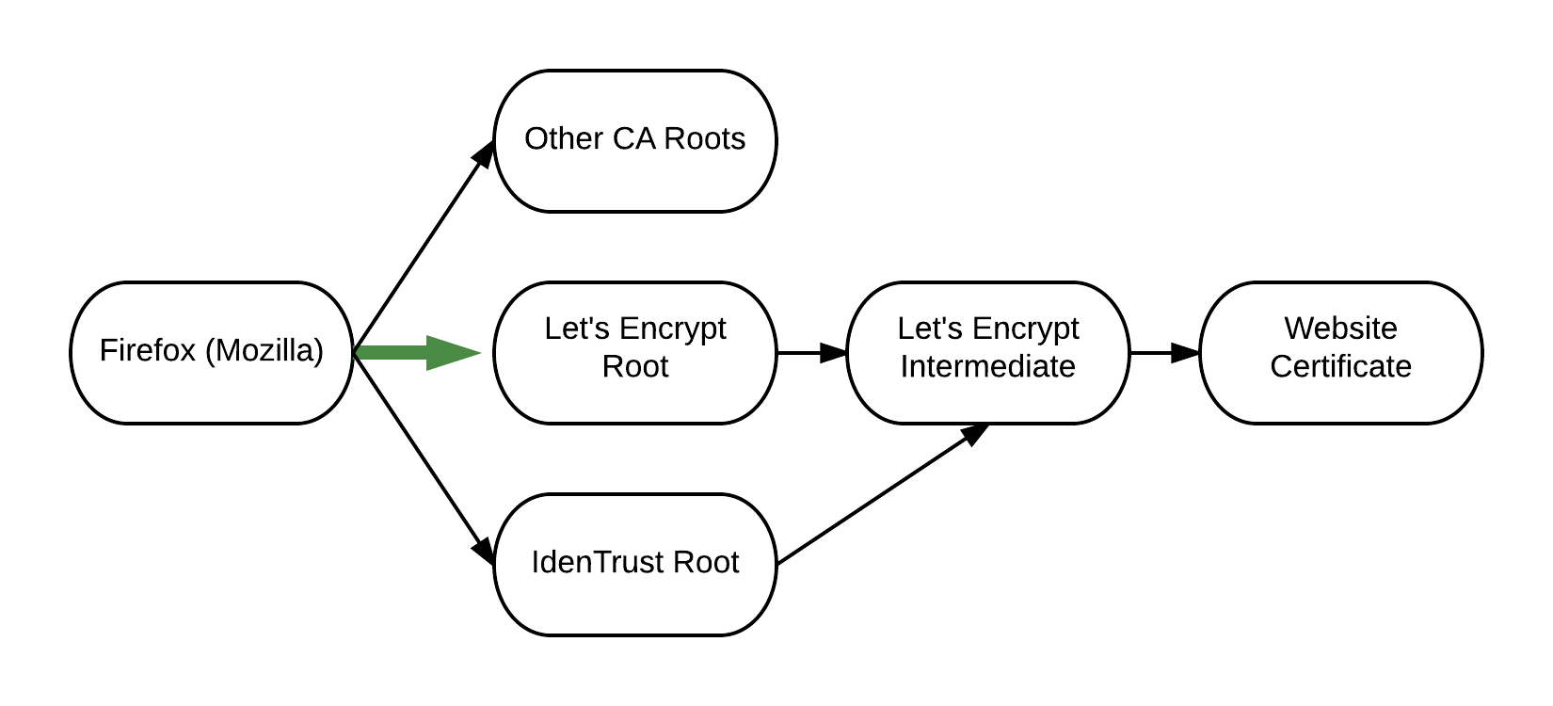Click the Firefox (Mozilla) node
point(211,352)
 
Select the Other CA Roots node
point(634,140)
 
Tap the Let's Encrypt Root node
point(634,352)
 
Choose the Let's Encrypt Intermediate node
point(987,352)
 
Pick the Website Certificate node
point(1340,352)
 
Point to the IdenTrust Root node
point(634,564)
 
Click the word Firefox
point(147,350)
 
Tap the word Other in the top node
point(564,138)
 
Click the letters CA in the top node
point(633,138)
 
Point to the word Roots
point(704,138)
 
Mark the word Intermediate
point(987,366)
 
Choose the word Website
point(1340,329)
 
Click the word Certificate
point(1340,366)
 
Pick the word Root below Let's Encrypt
point(634,366)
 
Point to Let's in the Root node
point(570,329)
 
